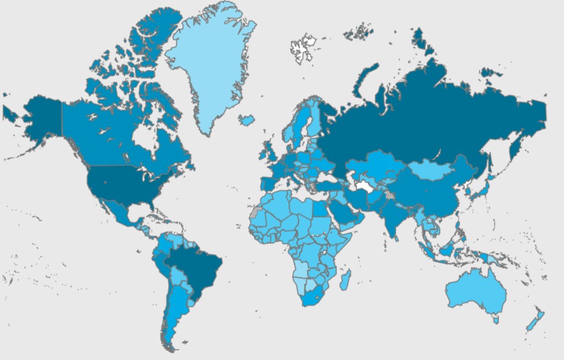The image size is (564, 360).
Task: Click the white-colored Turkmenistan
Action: [x=368, y=185]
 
